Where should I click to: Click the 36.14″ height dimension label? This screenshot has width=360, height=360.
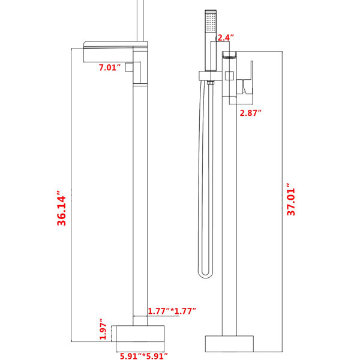[61, 208]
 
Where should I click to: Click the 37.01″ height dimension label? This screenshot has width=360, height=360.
[290, 199]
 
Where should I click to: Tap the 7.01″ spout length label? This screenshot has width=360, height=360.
[110, 67]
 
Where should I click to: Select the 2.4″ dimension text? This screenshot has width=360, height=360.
[226, 37]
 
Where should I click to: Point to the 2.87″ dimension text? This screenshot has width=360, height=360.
[251, 113]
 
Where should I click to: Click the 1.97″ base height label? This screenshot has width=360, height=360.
[103, 329]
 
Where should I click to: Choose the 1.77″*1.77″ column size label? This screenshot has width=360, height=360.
[172, 311]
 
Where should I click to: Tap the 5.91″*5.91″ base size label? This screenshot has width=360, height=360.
[144, 356]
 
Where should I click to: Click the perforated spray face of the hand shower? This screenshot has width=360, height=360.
[211, 22]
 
